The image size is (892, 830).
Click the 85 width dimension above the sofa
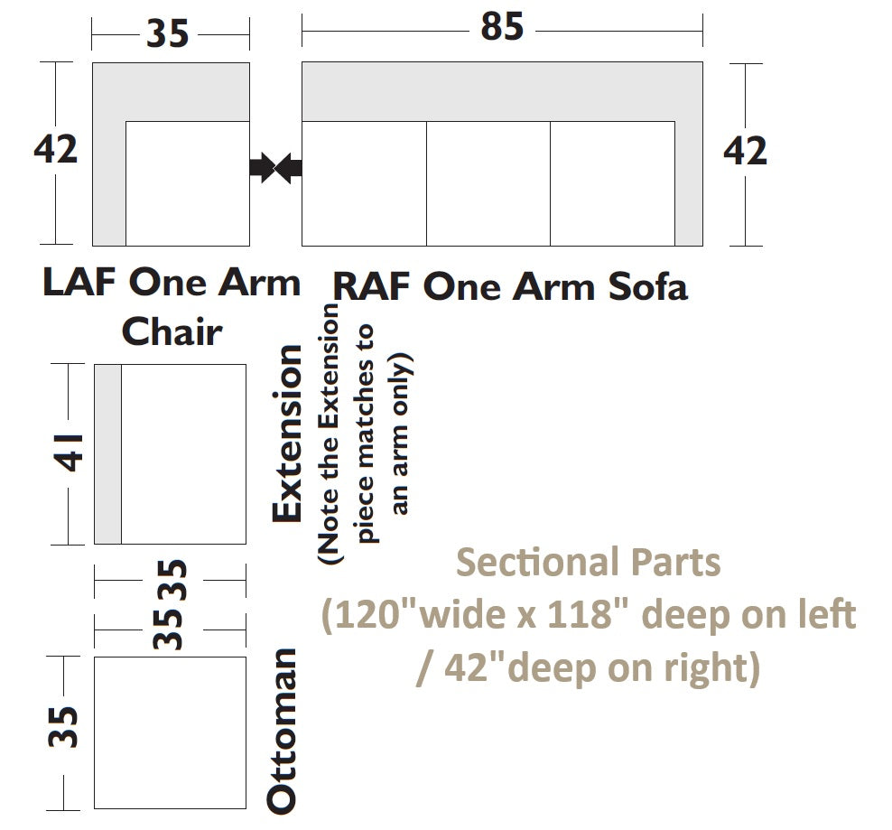click(501, 28)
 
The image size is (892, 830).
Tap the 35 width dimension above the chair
click(168, 34)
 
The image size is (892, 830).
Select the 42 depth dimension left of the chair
click(56, 150)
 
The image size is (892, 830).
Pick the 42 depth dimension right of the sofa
click(745, 152)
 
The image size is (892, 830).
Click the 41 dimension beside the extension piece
click(71, 452)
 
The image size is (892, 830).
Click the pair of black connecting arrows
click(275, 167)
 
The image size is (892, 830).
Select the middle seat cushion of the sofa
click(488, 183)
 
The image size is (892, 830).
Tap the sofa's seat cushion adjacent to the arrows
click(364, 183)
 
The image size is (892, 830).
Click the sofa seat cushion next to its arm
click(612, 183)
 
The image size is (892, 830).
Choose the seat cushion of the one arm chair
click(187, 183)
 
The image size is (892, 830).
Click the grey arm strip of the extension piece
click(107, 454)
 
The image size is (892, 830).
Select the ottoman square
click(170, 732)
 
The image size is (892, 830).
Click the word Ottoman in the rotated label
click(283, 730)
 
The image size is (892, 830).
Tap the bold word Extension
click(288, 434)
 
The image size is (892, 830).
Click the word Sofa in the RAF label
click(647, 287)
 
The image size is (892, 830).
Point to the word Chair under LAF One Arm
click(172, 331)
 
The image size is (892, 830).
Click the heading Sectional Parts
click(588, 563)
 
